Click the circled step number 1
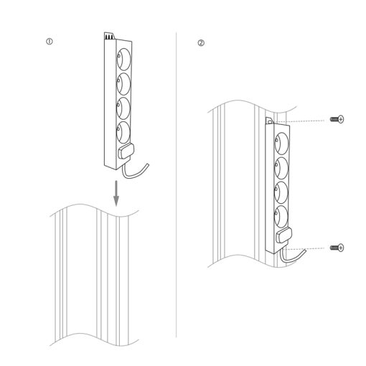click(x=50, y=42)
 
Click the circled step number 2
click(x=201, y=43)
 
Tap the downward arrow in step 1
click(x=116, y=193)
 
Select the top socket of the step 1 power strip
click(x=123, y=59)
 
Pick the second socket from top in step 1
click(x=123, y=84)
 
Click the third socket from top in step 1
click(x=123, y=108)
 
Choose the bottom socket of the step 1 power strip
click(x=123, y=132)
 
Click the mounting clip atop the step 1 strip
click(x=109, y=36)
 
